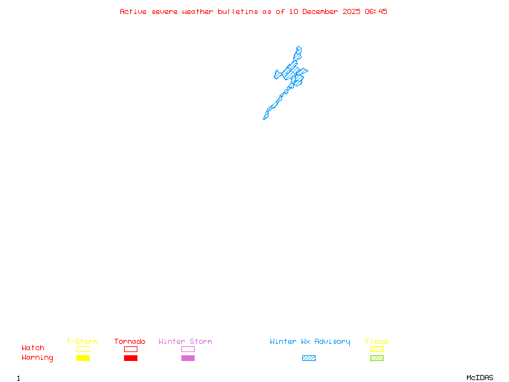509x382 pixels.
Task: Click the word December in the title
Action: tap(320, 11)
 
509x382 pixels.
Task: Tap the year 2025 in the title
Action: tap(352, 11)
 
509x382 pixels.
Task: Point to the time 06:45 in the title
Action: tap(376, 11)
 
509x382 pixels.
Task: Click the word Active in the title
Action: tap(133, 11)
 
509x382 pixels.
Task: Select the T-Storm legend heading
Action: tap(82, 341)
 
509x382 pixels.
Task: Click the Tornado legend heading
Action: tap(130, 341)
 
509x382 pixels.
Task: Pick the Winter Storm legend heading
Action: tap(185, 341)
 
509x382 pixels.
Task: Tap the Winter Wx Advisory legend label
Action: tap(310, 342)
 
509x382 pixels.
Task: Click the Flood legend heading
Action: tap(377, 341)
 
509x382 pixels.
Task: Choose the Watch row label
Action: tap(33, 348)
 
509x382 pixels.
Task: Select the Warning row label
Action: tap(38, 358)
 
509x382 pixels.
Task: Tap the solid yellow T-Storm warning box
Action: tap(83, 358)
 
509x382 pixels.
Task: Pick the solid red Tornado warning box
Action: tap(131, 358)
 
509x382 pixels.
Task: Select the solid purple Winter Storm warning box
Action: tap(188, 358)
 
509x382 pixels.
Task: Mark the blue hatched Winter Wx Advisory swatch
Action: tap(309, 358)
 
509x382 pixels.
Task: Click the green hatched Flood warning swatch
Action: tap(377, 358)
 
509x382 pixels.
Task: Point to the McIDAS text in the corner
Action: tap(480, 378)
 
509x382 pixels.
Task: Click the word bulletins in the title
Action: tap(238, 11)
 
